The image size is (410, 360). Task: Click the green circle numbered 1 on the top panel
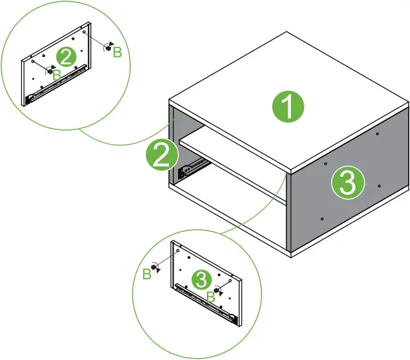point(288,107)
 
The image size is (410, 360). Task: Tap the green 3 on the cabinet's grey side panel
point(347,184)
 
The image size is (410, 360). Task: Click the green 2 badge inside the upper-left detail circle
point(64,57)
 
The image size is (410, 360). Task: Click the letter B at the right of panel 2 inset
point(117,53)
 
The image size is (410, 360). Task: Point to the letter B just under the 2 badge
point(56,75)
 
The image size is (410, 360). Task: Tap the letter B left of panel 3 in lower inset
point(146,274)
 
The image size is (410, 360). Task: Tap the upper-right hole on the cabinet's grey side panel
point(379,135)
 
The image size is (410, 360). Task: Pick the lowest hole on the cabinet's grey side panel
point(322,219)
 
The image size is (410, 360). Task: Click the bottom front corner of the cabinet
point(291,255)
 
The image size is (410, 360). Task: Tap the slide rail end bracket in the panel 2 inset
point(29,98)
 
